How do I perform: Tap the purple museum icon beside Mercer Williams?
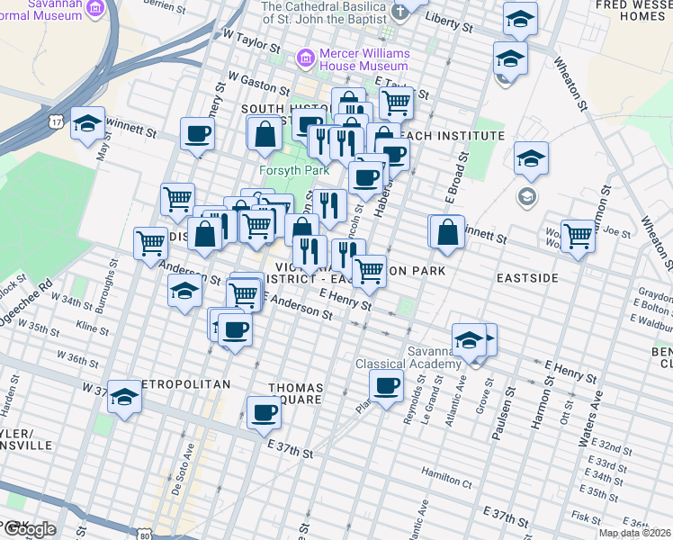307,58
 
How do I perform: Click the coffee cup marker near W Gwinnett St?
198,134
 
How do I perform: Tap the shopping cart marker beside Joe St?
578,236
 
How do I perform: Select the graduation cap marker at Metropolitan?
124,397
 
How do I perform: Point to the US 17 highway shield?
57,121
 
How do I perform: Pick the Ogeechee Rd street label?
40,297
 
